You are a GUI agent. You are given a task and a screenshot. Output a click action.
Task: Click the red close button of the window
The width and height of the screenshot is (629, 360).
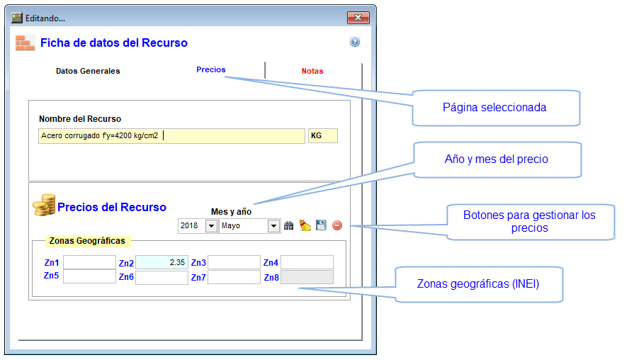point(358,18)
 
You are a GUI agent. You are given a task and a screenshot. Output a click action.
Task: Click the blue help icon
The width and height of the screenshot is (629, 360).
point(355,42)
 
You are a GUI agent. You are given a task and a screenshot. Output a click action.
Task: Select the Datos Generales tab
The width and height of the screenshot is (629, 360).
point(88,71)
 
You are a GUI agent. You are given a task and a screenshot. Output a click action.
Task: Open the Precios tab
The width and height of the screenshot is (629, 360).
point(210,69)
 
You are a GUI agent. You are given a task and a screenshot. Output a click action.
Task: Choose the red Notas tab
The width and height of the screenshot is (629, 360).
point(312,71)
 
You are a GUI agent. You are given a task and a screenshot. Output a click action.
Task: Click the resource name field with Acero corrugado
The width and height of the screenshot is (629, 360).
point(171,135)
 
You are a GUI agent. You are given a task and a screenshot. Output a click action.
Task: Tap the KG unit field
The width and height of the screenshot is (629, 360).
point(322,135)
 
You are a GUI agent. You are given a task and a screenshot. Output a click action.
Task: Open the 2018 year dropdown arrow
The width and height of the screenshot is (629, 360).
point(211,226)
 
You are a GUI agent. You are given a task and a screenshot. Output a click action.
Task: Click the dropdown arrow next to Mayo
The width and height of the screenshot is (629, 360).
point(273,226)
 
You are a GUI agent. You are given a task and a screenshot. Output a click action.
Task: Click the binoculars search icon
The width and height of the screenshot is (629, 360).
point(288,225)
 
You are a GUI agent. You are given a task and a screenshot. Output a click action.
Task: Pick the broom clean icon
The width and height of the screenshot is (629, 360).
point(305,225)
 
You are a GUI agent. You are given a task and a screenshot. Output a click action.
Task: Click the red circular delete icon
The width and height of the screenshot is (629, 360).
point(337,225)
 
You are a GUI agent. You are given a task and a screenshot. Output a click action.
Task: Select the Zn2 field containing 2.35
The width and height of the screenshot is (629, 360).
point(161,262)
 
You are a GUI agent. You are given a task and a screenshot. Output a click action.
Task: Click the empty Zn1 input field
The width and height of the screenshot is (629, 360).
point(89,262)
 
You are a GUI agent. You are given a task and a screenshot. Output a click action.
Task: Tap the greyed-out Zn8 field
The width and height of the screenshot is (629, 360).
point(307,277)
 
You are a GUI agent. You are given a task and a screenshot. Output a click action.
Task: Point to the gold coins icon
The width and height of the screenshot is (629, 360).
point(44,205)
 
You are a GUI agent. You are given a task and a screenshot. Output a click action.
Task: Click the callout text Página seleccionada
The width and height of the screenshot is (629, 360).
point(494,108)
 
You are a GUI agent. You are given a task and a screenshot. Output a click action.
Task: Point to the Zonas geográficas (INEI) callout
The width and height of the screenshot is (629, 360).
point(478,284)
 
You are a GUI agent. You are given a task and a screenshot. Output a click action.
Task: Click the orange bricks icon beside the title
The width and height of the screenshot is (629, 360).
point(25,43)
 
